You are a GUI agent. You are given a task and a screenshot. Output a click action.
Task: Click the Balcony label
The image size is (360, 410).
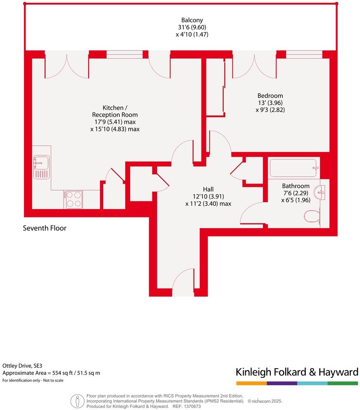pyautogui.click(x=192, y=20)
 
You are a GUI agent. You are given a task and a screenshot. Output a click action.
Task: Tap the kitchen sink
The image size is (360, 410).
pyautogui.click(x=41, y=167)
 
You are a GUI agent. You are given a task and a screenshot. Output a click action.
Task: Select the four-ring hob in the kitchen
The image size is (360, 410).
pyautogui.click(x=73, y=199)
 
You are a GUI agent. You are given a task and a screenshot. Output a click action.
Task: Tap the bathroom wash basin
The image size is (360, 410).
pyautogui.click(x=320, y=191)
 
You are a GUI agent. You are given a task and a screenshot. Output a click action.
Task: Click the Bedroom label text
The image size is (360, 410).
pyautogui.click(x=270, y=95)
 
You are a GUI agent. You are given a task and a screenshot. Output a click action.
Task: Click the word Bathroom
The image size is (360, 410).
pyautogui.click(x=296, y=186)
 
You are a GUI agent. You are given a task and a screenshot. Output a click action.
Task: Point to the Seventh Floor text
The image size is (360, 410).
pyautogui.click(x=45, y=228)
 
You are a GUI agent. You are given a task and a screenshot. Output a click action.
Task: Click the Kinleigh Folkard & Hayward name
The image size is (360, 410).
pyautogui.click(x=297, y=372)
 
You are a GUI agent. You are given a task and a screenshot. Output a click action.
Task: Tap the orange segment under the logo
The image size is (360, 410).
pyautogui.click(x=251, y=383)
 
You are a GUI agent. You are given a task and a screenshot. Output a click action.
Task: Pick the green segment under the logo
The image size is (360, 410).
pyautogui.click(x=343, y=383)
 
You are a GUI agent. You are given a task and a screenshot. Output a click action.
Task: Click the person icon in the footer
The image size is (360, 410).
pyautogui.click(x=76, y=400)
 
